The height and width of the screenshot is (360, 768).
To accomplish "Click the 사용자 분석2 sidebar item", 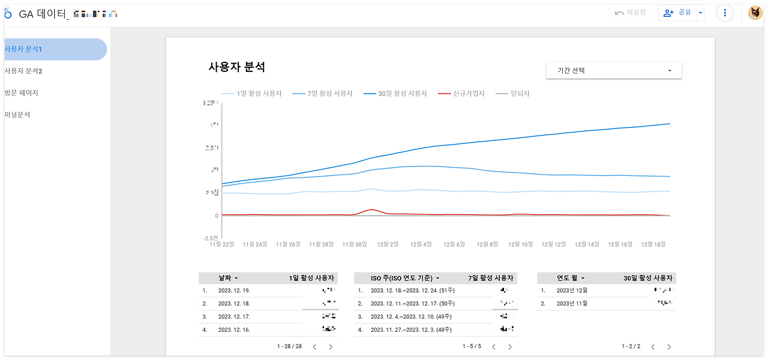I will tap(24, 71).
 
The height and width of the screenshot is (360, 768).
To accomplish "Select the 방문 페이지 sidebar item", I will tap(22, 93).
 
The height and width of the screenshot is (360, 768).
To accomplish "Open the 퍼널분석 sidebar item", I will tap(18, 115).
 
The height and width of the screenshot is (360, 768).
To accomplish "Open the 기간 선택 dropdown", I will tap(614, 70).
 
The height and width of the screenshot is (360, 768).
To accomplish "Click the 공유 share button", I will tap(677, 13).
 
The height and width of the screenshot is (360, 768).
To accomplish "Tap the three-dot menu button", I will tap(725, 13).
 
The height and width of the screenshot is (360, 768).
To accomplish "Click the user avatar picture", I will tap(755, 13).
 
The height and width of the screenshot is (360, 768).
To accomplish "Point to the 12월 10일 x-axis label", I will tap(520, 245).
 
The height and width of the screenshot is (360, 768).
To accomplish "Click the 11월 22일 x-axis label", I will tap(221, 245).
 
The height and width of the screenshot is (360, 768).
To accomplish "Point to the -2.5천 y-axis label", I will tap(211, 238).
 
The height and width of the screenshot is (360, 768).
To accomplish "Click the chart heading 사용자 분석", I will tap(236, 67).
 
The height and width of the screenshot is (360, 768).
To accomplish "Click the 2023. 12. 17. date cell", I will tap(234, 316).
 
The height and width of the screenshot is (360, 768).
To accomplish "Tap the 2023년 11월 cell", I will tap(572, 304).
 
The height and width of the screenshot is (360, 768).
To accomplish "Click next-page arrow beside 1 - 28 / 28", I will tap(331, 347).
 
